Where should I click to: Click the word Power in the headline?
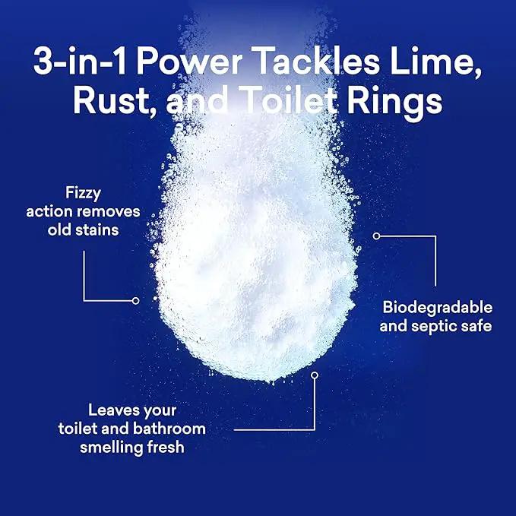pos(189,62)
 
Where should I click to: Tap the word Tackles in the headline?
pos(318,61)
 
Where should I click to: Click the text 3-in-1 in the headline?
pos(80,61)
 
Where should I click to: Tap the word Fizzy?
pos(83,194)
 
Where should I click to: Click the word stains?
pos(97,230)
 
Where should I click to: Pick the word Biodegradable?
pos(438,307)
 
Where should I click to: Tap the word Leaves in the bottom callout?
pos(111,410)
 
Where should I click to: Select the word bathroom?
pos(169,429)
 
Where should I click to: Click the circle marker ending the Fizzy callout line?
pos(135,301)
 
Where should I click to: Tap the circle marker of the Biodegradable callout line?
pos(376,236)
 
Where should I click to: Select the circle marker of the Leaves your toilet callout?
pos(315,375)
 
